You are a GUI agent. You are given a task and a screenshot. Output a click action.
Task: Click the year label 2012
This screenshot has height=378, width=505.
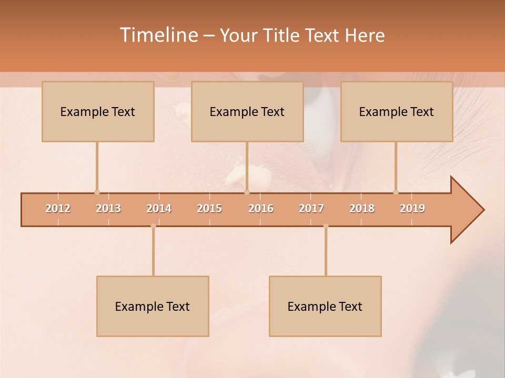pyautogui.click(x=58, y=208)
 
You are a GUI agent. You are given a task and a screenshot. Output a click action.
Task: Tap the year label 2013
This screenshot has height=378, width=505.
pyautogui.click(x=108, y=208)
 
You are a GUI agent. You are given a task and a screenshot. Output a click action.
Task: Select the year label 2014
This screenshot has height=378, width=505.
pyautogui.click(x=159, y=208)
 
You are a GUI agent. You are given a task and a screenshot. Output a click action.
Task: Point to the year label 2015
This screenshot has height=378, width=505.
pyautogui.click(x=209, y=208)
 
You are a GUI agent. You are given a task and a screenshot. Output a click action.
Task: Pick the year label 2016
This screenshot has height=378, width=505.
pyautogui.click(x=261, y=208)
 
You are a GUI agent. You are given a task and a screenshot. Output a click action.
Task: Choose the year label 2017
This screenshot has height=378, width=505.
pyautogui.click(x=311, y=208)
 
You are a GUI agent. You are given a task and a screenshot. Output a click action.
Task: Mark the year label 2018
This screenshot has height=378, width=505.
pyautogui.click(x=362, y=208)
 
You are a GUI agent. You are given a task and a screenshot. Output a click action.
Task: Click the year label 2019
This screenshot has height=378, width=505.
pyautogui.click(x=412, y=208)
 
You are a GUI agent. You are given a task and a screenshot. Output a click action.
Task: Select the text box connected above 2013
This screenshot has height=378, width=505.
pyautogui.click(x=98, y=111)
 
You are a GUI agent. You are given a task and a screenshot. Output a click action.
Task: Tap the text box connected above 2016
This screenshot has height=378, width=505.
pyautogui.click(x=247, y=111)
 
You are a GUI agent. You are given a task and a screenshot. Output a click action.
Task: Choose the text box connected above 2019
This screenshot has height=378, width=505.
pyautogui.click(x=397, y=111)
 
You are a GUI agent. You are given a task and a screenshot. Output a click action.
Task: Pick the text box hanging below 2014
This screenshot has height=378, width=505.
pyautogui.click(x=153, y=306)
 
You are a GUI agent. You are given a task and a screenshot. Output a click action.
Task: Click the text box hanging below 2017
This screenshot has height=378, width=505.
pyautogui.click(x=325, y=306)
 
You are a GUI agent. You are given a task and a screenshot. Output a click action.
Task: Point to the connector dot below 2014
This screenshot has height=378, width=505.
pyautogui.click(x=153, y=226)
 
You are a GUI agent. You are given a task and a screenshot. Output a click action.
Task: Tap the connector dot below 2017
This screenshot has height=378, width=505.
pyautogui.click(x=326, y=226)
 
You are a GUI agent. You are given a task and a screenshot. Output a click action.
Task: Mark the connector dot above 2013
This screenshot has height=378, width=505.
pyautogui.click(x=97, y=192)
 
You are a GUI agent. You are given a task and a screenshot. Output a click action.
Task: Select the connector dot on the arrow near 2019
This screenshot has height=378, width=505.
pyautogui.click(x=396, y=192)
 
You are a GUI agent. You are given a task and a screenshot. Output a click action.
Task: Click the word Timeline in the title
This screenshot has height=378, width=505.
pyautogui.click(x=158, y=35)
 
